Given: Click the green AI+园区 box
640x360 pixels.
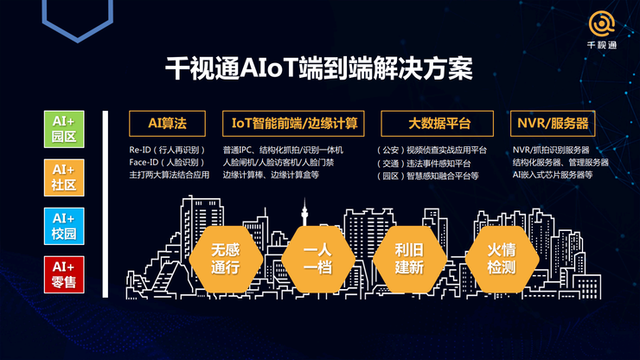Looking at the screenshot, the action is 64,129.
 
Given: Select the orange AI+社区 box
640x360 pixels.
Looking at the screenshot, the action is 64,177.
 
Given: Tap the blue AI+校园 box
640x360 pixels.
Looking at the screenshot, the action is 64,227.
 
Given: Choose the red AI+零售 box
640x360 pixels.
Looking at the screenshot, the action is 64,274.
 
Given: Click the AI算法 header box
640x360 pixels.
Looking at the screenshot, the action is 167,124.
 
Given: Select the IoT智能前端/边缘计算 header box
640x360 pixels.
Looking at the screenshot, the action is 293,124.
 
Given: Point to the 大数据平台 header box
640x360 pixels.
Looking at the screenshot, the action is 437,124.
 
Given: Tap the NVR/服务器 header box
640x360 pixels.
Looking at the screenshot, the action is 553,124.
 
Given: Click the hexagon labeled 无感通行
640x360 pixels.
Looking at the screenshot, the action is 226,259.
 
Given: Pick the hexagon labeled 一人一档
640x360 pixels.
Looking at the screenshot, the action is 318,259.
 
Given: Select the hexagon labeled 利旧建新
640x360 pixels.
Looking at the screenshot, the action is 410,259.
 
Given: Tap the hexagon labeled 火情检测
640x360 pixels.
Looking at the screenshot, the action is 502,259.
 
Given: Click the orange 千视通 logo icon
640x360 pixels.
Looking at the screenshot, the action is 602,24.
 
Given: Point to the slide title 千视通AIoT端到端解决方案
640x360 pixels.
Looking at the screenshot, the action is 319,68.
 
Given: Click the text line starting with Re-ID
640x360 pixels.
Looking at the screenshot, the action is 167,150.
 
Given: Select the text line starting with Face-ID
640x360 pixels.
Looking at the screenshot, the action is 167,162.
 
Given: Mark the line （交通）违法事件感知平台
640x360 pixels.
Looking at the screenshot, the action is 424,164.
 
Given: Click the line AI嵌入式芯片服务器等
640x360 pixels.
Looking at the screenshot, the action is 553,175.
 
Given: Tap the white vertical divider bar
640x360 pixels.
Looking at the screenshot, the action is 106,204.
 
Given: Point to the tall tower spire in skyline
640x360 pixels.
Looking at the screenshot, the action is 304,212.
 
